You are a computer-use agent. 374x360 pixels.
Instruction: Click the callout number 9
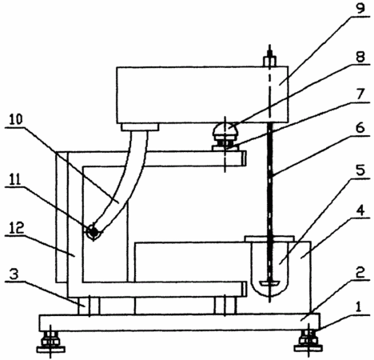(x=360, y=8)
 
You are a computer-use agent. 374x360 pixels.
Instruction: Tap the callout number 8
(x=360, y=57)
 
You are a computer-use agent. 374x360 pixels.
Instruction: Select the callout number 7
(x=360, y=94)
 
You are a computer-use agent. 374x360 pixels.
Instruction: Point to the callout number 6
(x=360, y=128)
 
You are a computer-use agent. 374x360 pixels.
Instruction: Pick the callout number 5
(x=360, y=170)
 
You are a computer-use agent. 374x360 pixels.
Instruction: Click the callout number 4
(x=360, y=210)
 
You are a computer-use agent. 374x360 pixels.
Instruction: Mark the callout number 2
(x=360, y=273)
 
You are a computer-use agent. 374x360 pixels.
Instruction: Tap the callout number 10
(x=16, y=119)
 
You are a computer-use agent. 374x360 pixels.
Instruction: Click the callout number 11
(x=15, y=180)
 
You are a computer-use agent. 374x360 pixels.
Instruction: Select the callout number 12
(x=17, y=228)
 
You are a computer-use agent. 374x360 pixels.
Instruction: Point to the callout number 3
(x=14, y=274)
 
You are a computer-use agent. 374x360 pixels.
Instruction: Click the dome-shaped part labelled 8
(x=225, y=130)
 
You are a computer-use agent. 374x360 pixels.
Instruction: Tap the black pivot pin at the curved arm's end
(x=93, y=231)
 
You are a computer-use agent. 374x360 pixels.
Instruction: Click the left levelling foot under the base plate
(x=50, y=342)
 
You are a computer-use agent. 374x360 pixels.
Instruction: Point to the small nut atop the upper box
(x=270, y=61)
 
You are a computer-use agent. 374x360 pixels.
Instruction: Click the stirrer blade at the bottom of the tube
(x=270, y=282)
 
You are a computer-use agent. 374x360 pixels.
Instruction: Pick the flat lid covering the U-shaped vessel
(x=269, y=238)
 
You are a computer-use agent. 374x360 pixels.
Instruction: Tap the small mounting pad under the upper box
(x=140, y=127)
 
